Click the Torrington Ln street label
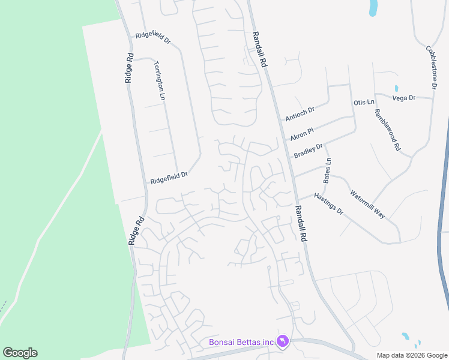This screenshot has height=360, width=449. click(x=159, y=80)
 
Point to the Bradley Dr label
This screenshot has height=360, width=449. click(x=308, y=150)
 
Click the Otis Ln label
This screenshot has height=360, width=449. click(x=364, y=103)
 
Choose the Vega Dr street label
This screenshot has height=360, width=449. click(x=403, y=98)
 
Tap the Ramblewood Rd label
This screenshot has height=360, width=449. click(x=387, y=129)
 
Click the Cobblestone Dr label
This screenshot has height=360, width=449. click(x=431, y=67)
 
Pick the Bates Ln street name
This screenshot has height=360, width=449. click(x=328, y=170)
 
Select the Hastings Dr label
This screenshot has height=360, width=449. click(x=328, y=204)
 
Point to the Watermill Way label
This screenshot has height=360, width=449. click(x=367, y=204)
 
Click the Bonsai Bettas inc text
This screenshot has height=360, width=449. click(x=241, y=342)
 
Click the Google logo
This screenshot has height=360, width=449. click(x=20, y=353)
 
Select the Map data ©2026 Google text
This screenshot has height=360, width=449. click(x=412, y=355)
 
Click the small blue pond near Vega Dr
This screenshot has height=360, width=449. click(x=396, y=89)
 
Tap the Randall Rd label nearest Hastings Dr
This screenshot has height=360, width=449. click(x=301, y=224)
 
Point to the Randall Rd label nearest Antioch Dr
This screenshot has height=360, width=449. click(x=259, y=49)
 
